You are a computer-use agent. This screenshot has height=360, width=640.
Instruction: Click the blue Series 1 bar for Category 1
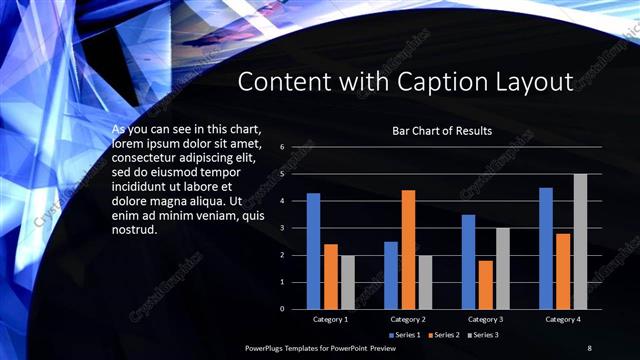tap(313, 251)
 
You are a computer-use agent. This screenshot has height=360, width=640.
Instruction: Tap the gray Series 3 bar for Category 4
tap(580, 241)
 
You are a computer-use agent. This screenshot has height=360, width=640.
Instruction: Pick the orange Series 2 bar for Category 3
tap(486, 284)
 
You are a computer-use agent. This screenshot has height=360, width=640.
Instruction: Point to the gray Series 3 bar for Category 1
tap(347, 282)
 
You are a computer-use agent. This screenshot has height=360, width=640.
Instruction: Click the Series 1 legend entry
tap(405, 334)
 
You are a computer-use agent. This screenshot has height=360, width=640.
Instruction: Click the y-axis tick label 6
tap(282, 147)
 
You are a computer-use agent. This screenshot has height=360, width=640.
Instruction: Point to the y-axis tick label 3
tap(282, 228)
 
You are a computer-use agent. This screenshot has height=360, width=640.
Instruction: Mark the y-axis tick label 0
tap(282, 309)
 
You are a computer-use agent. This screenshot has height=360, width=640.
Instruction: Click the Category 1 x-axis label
tap(330, 319)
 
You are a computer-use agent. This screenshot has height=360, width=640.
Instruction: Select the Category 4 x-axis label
tap(563, 319)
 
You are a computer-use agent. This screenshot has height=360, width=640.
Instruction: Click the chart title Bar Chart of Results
tap(442, 131)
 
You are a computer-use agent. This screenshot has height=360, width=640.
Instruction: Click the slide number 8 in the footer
tap(589, 347)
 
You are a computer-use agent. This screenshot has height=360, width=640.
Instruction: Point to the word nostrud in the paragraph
tap(134, 231)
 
